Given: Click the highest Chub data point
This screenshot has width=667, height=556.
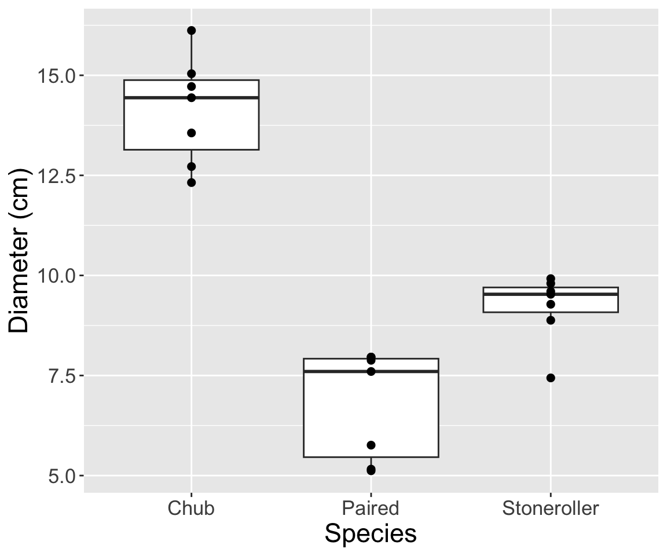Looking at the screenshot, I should (x=191, y=30).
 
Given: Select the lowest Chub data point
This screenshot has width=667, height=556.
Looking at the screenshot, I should (x=191, y=182).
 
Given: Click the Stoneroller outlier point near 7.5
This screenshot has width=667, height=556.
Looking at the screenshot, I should (x=551, y=378).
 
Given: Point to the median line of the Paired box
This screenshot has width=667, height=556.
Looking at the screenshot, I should (x=405, y=371).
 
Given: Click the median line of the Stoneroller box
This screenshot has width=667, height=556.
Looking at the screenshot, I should (x=585, y=294).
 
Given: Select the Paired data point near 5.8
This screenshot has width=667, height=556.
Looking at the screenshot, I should (x=371, y=445).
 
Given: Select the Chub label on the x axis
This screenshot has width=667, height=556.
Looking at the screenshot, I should (x=191, y=509).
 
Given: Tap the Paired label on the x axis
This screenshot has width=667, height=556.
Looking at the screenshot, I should (x=371, y=509).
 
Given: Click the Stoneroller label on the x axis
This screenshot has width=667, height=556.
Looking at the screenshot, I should (x=551, y=509).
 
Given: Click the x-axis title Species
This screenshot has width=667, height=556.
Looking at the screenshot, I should (x=371, y=533).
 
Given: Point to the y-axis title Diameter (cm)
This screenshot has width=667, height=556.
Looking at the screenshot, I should (x=20, y=251).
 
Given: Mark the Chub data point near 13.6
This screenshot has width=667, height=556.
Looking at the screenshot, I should (x=191, y=133).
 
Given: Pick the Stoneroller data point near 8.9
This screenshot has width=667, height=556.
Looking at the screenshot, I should (x=551, y=320).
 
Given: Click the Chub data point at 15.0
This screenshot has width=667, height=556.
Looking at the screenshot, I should (x=191, y=74).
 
